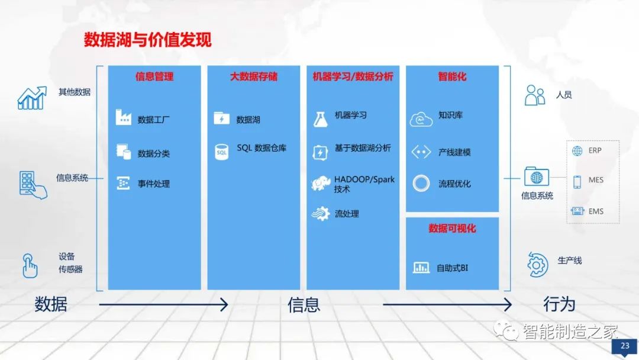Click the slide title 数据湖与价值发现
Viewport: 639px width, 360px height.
147,40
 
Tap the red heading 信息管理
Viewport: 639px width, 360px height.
154,76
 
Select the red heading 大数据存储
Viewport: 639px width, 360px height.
254,76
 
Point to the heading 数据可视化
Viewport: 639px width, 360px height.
452,229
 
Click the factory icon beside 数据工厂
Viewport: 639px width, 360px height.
123,118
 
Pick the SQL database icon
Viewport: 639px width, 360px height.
221,152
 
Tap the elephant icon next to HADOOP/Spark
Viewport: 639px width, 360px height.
320,183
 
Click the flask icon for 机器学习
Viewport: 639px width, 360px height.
320,118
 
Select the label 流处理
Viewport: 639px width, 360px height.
347,214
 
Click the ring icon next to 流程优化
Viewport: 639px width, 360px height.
421,183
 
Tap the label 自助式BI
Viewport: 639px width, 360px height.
452,268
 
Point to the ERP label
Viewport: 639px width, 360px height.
595,150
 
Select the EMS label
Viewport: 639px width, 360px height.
595,211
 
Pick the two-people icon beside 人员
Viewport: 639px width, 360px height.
535,95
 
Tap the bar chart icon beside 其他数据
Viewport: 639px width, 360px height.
32,98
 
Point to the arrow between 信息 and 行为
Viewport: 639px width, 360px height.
447,305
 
